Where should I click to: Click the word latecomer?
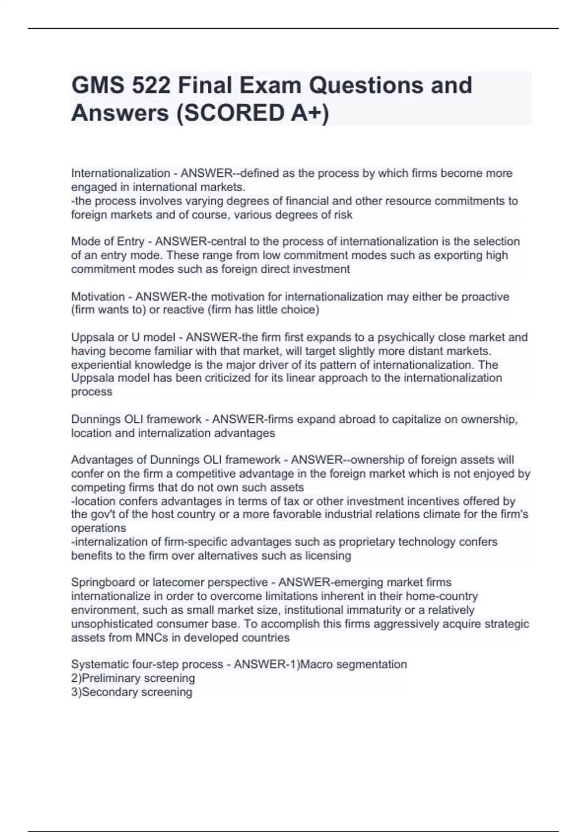click(x=177, y=582)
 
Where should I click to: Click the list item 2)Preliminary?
click(x=112, y=678)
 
